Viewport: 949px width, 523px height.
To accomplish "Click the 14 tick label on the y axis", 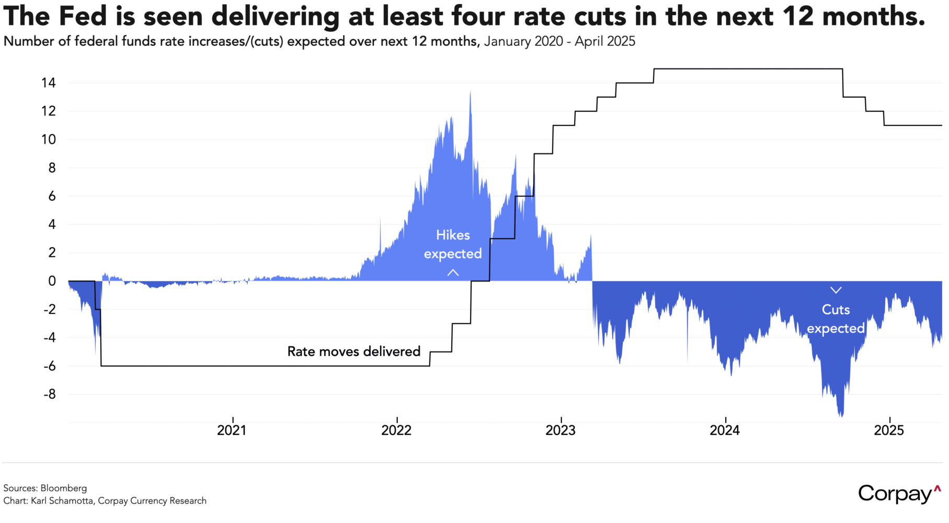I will coord(49,83).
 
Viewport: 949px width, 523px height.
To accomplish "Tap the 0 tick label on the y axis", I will coord(52,281).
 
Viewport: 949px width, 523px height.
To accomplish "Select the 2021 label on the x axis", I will coord(232,430).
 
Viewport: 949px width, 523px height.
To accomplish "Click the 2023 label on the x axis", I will coord(561,430).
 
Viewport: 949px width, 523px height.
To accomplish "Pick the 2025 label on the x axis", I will coord(889,430).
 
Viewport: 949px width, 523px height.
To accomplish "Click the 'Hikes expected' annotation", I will coord(453,244).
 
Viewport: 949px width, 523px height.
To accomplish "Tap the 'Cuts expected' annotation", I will coord(836,319).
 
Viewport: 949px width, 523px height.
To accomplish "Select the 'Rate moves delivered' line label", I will coord(353,351).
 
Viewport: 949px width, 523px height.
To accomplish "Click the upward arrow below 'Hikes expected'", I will coord(453,272).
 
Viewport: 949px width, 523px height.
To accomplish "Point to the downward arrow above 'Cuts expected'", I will coord(836,290).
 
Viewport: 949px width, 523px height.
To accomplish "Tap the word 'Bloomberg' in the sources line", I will coord(64,488).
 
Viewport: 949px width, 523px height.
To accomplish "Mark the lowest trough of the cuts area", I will coord(841,415).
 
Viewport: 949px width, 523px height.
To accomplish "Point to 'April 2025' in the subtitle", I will coord(605,41).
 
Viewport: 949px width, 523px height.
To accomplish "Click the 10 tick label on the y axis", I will coord(49,140).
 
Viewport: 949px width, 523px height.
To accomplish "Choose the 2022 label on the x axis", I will coord(396,430).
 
